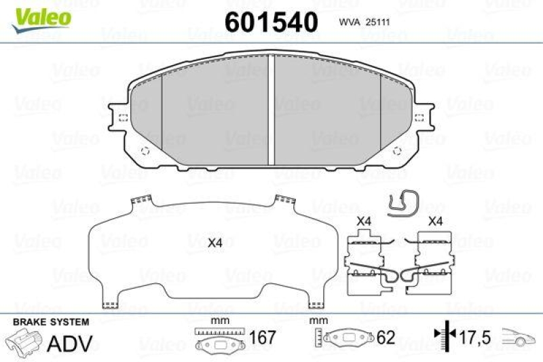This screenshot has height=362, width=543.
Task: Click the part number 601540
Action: [x=271, y=22]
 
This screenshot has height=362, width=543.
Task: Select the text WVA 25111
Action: [x=367, y=23]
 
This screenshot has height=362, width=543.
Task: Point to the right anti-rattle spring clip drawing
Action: [x=430, y=265]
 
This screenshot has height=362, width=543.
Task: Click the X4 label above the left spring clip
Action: [x=364, y=221]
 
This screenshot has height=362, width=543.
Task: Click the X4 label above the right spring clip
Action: [x=435, y=221]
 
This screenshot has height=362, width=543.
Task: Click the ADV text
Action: [x=69, y=343]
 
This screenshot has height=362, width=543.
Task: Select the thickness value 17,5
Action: [x=474, y=337]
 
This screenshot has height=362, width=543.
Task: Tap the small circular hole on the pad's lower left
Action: [x=144, y=151]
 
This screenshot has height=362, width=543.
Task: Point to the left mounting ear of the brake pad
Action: [x=117, y=117]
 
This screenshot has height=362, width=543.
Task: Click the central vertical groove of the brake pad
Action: [x=271, y=109]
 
